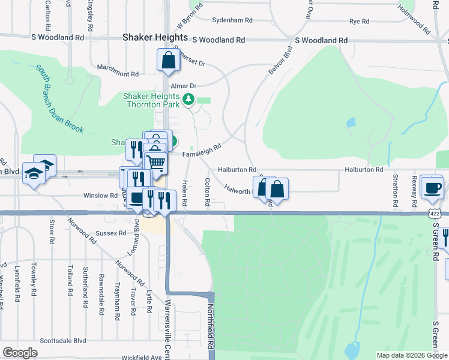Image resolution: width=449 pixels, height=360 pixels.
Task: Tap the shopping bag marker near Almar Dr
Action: (169, 60)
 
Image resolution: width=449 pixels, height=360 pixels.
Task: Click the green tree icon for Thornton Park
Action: (190, 98)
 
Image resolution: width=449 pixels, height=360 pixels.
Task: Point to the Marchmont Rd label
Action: (118, 74)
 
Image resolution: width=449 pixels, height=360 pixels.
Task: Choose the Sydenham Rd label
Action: (232, 20)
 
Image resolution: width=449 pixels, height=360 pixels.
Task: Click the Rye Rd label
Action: (359, 21)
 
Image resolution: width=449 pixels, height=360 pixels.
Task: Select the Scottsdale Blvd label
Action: (63, 340)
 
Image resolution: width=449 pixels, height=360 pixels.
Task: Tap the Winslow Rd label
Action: (100, 196)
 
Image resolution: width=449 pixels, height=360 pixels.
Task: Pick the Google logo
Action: (20, 353)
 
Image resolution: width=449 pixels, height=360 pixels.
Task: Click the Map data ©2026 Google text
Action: (411, 355)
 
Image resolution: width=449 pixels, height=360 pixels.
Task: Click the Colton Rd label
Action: (206, 192)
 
